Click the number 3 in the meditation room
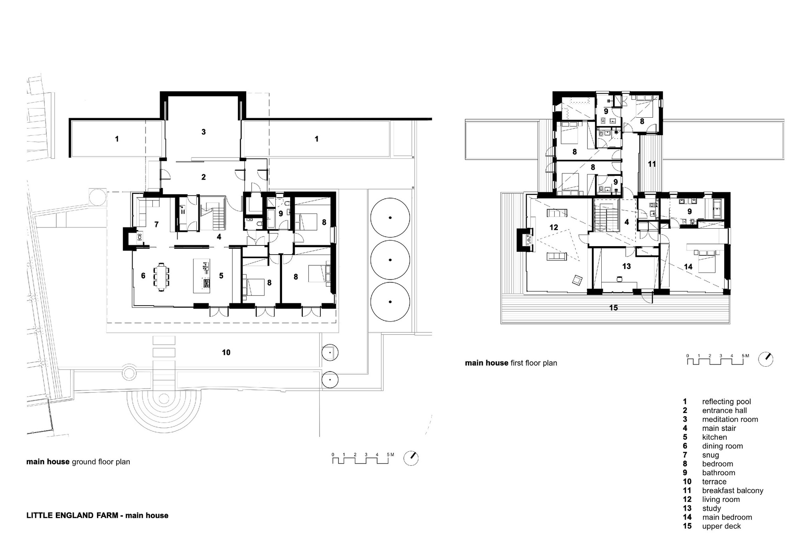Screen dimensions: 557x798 coord(203,132)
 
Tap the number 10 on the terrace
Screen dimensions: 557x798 coord(226,352)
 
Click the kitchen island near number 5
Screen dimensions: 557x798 coord(201,276)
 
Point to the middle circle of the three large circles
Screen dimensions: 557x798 coord(390,260)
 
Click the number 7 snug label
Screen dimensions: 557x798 coord(156,225)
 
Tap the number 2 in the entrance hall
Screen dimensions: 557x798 coord(203,177)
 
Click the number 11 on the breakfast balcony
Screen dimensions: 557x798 coord(652,164)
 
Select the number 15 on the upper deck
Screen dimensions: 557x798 coord(614,308)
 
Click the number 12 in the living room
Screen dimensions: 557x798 coord(553,227)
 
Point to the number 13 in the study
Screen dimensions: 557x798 coord(626,266)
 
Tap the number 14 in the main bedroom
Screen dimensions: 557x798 coord(688,267)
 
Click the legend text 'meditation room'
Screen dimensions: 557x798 coord(730,419)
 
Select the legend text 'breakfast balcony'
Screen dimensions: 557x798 coord(733,490)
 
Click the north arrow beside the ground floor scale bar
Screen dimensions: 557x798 coord(411,458)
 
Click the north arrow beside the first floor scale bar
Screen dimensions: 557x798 coord(766,359)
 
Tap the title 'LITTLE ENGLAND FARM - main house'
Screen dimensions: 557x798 coord(97,516)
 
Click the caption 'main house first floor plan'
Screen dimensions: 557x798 coord(511,363)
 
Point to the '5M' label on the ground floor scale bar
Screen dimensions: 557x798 coord(390,454)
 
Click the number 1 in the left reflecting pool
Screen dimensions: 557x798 coord(117,139)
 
